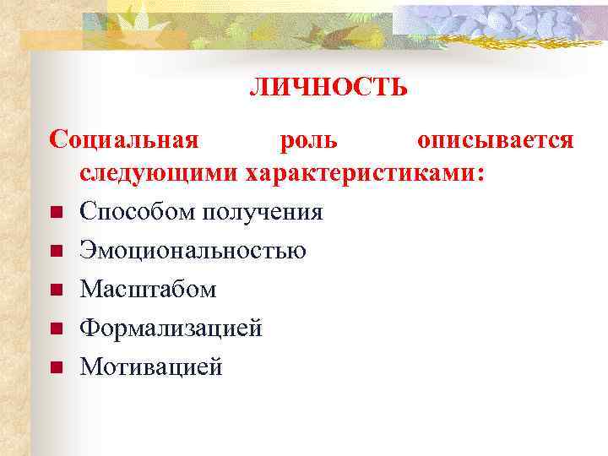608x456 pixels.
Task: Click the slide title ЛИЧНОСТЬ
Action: pos(328,88)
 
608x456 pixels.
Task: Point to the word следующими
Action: pos(159,174)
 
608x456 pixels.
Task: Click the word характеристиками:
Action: pos(365,174)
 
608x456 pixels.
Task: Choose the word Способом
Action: pos(138,211)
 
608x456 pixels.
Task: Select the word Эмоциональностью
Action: pos(193,250)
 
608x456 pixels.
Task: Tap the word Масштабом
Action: pos(149,289)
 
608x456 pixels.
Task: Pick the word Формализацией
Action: pos(171,328)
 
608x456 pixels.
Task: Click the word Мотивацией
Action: pos(151,366)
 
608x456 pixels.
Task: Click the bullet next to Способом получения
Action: pos(56,212)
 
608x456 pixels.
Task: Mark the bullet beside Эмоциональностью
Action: pos(56,251)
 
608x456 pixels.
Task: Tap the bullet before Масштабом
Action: pos(56,290)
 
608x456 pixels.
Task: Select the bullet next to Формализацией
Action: pos(56,328)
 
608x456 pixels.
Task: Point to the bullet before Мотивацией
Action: pos(56,367)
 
